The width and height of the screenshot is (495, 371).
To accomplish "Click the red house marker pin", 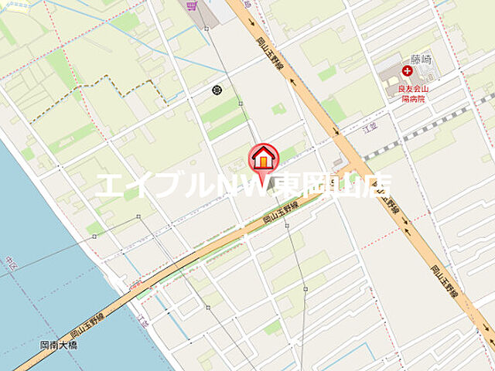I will pyautogui.click(x=264, y=159).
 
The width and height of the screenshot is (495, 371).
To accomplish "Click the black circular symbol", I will pyautogui.click(x=217, y=90).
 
